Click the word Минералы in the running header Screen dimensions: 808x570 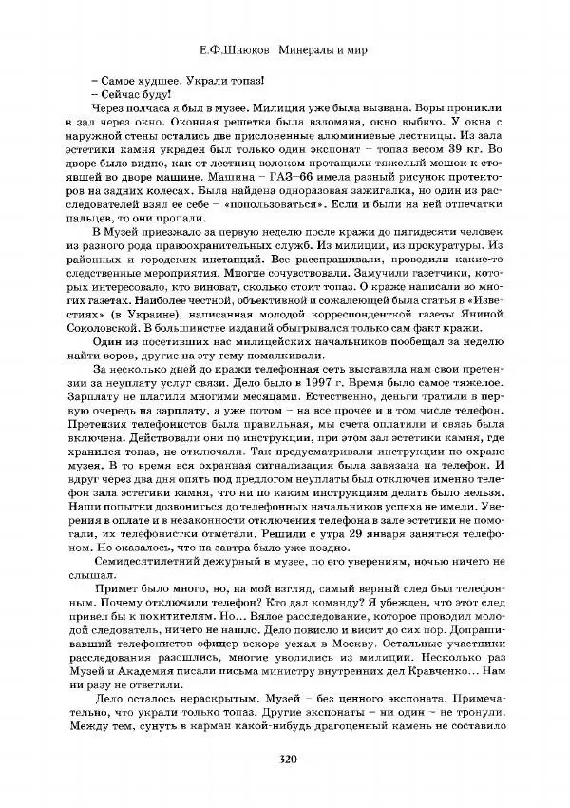(x=301, y=48)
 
